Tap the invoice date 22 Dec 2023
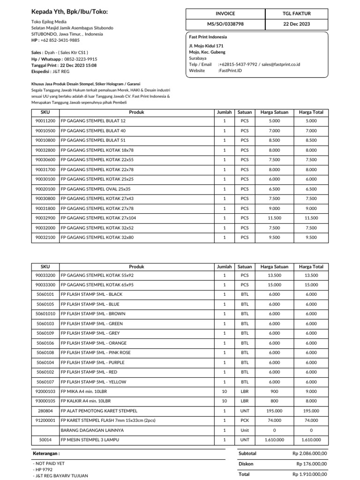[x=296, y=24]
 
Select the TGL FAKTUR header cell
[x=296, y=14]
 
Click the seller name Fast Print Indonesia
[x=208, y=37]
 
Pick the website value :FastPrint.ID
[x=230, y=71]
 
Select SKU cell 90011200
[x=45, y=121]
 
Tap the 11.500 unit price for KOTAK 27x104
[x=274, y=218]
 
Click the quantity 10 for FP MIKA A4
[x=224, y=391]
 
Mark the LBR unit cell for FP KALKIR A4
[x=245, y=401]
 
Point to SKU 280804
[x=45, y=411]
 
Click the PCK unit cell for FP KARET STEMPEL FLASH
[x=245, y=420]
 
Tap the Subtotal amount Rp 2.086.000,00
[x=309, y=454]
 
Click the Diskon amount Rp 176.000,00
[x=312, y=464]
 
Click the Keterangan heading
[x=46, y=454]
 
